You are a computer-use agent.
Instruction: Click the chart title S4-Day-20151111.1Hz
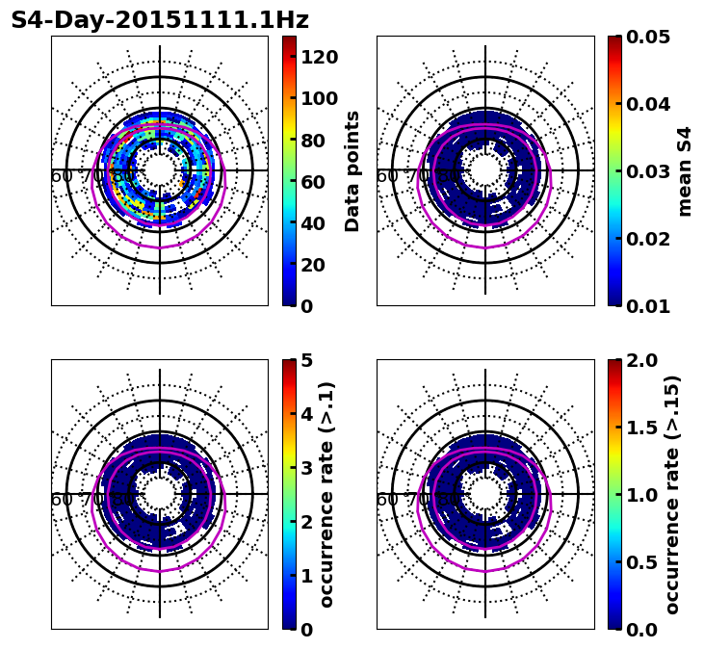[160, 20]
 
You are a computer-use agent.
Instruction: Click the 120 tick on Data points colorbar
[319, 57]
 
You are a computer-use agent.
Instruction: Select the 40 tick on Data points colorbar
[313, 223]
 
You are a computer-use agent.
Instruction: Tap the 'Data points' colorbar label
[352, 171]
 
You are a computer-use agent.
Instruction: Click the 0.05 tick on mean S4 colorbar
[648, 37]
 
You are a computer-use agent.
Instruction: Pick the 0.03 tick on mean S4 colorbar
[648, 171]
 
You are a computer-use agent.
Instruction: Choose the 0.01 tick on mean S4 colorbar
[648, 306]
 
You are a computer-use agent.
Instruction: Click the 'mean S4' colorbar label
[685, 171]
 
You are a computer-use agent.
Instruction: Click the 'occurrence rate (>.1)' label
[327, 495]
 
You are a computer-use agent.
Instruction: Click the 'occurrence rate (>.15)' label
[672, 495]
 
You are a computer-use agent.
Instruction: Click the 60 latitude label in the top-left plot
[62, 176]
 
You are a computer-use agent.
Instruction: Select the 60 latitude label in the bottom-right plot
[387, 500]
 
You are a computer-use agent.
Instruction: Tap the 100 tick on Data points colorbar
[319, 98]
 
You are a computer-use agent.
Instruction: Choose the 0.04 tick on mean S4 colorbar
[648, 104]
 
